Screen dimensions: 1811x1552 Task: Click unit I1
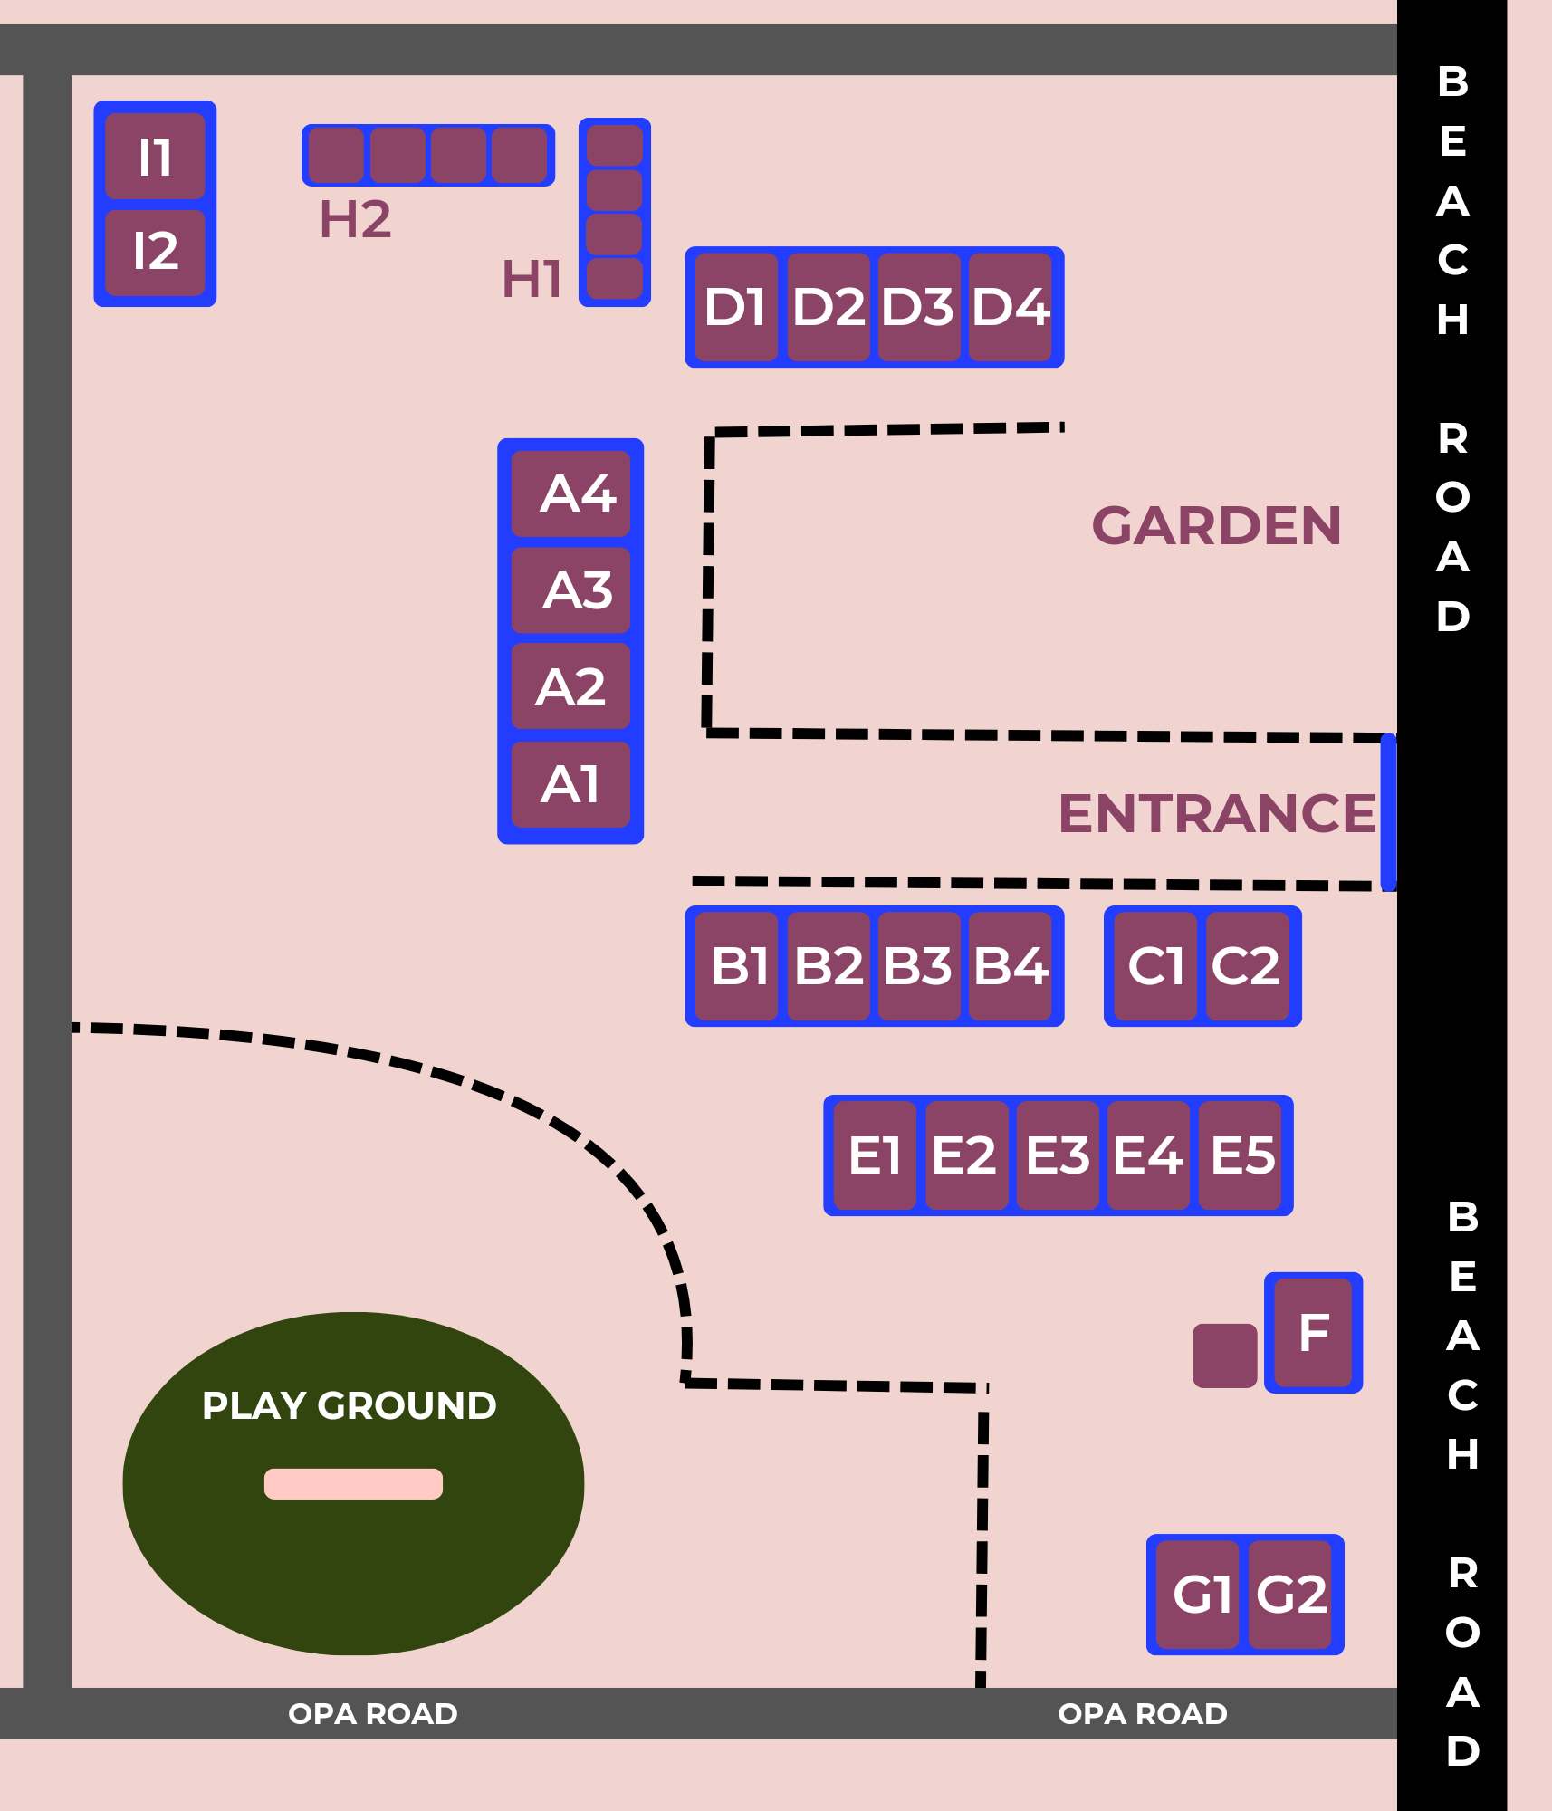tap(155, 156)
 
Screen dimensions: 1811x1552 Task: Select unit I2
tap(155, 252)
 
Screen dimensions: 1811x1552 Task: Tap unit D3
tap(918, 307)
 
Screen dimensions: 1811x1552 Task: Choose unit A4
tap(571, 493)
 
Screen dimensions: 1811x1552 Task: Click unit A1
tap(571, 784)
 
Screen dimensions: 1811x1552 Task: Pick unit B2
tap(828, 966)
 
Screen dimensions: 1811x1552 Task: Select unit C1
tap(1155, 966)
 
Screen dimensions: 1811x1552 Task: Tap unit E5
tap(1241, 1155)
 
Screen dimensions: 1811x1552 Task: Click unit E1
tap(874, 1155)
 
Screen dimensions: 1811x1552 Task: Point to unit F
tap(1314, 1332)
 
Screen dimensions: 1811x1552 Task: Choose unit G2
tap(1290, 1595)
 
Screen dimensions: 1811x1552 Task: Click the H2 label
tap(355, 219)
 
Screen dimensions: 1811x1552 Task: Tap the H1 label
tap(532, 279)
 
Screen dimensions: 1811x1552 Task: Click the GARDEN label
tap(1216, 526)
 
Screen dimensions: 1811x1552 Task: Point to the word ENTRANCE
tap(1216, 813)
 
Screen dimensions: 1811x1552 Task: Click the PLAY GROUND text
tap(349, 1405)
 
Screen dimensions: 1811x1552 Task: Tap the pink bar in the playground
tap(353, 1483)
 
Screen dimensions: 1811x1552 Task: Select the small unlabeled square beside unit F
tap(1224, 1356)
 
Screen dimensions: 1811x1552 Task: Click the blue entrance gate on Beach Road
tap(1388, 812)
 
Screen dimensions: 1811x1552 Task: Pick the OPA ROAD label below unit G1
tap(1142, 1713)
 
